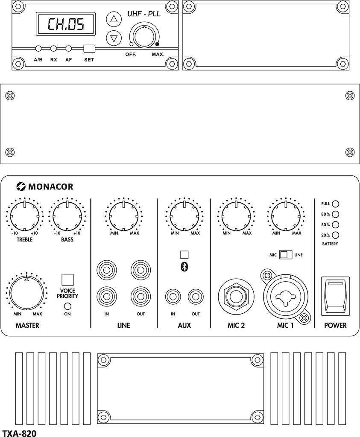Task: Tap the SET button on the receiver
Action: tap(89, 49)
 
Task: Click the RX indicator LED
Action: tap(54, 49)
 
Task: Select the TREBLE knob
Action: tap(25, 215)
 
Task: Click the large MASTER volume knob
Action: tap(26, 293)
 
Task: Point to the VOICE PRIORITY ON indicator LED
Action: tap(67, 306)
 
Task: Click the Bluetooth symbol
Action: tap(184, 266)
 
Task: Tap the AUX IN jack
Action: tap(173, 295)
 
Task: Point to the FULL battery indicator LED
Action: tap(336, 204)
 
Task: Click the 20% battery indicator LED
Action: tap(336, 235)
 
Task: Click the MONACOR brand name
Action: tap(50, 186)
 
